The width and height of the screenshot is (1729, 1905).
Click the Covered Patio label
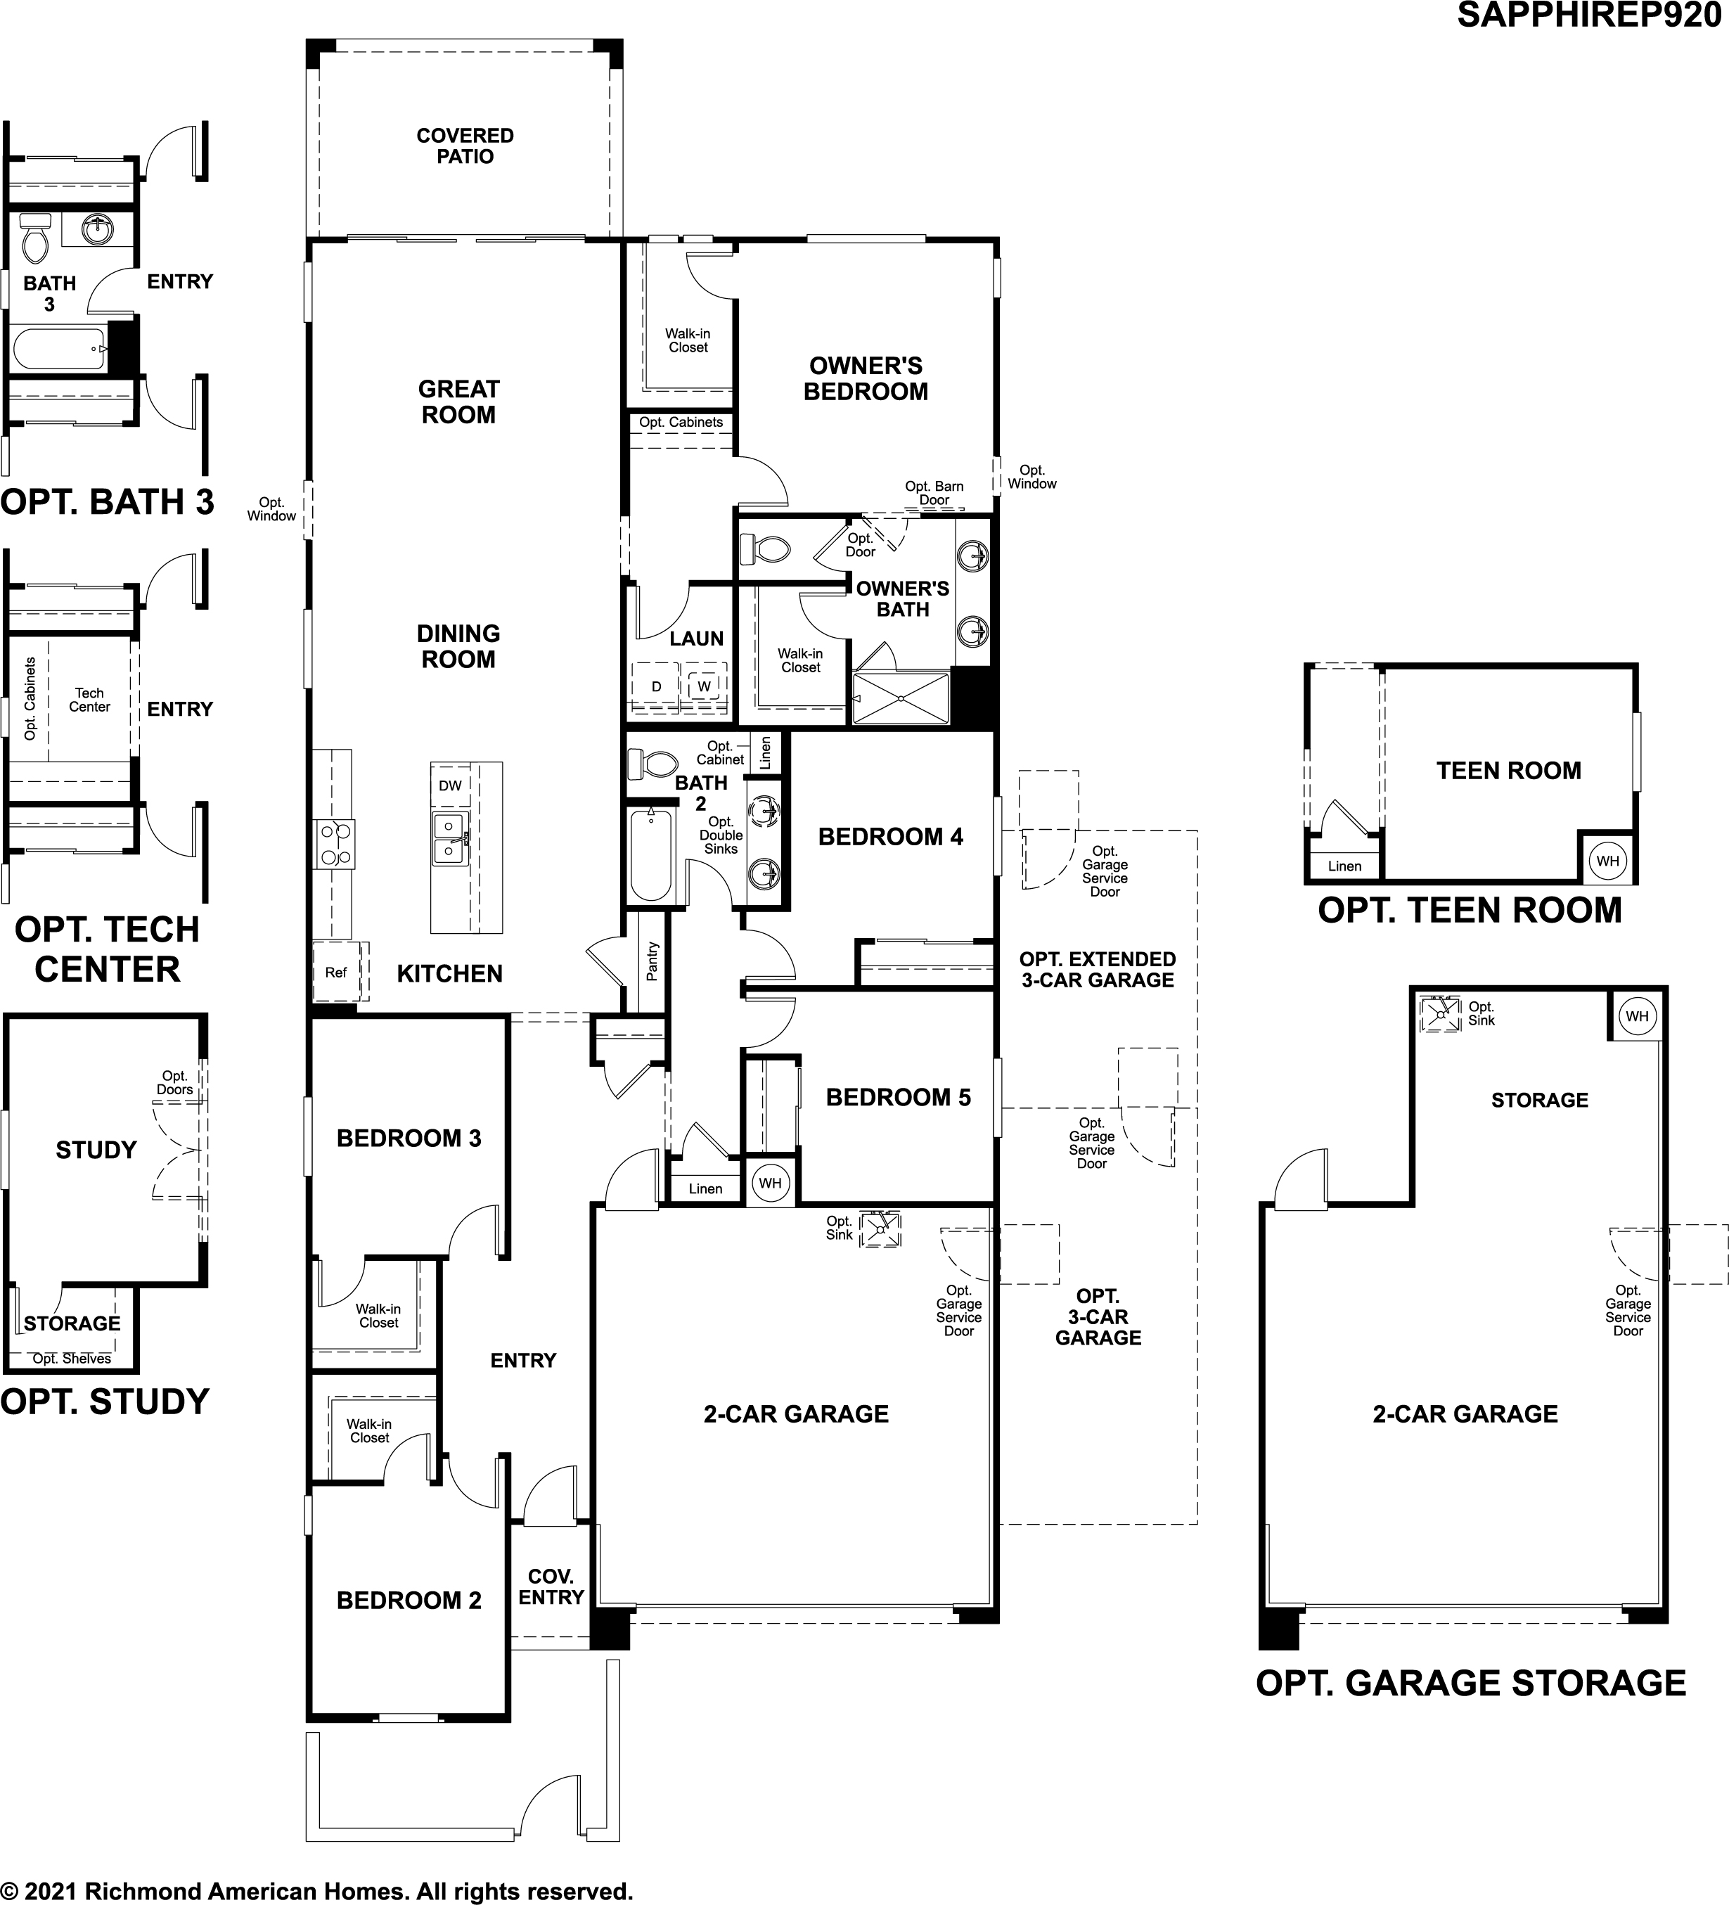point(465,146)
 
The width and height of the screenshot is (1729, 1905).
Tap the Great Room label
point(458,402)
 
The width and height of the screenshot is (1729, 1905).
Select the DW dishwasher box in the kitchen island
point(451,785)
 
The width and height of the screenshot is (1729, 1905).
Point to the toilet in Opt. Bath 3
point(35,238)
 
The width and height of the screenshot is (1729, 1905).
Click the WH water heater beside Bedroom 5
point(770,1183)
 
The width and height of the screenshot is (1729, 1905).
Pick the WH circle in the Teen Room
point(1607,861)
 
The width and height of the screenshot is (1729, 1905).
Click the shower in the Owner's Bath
point(901,698)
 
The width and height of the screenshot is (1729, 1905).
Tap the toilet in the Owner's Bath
point(764,547)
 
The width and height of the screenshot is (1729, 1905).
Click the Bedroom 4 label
point(891,836)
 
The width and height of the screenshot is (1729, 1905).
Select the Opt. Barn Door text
point(934,493)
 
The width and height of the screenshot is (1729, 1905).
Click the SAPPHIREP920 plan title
point(1590,16)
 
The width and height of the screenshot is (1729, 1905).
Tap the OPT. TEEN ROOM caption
point(1470,910)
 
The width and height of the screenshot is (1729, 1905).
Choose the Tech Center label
point(90,699)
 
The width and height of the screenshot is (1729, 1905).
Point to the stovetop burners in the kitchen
point(335,844)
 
